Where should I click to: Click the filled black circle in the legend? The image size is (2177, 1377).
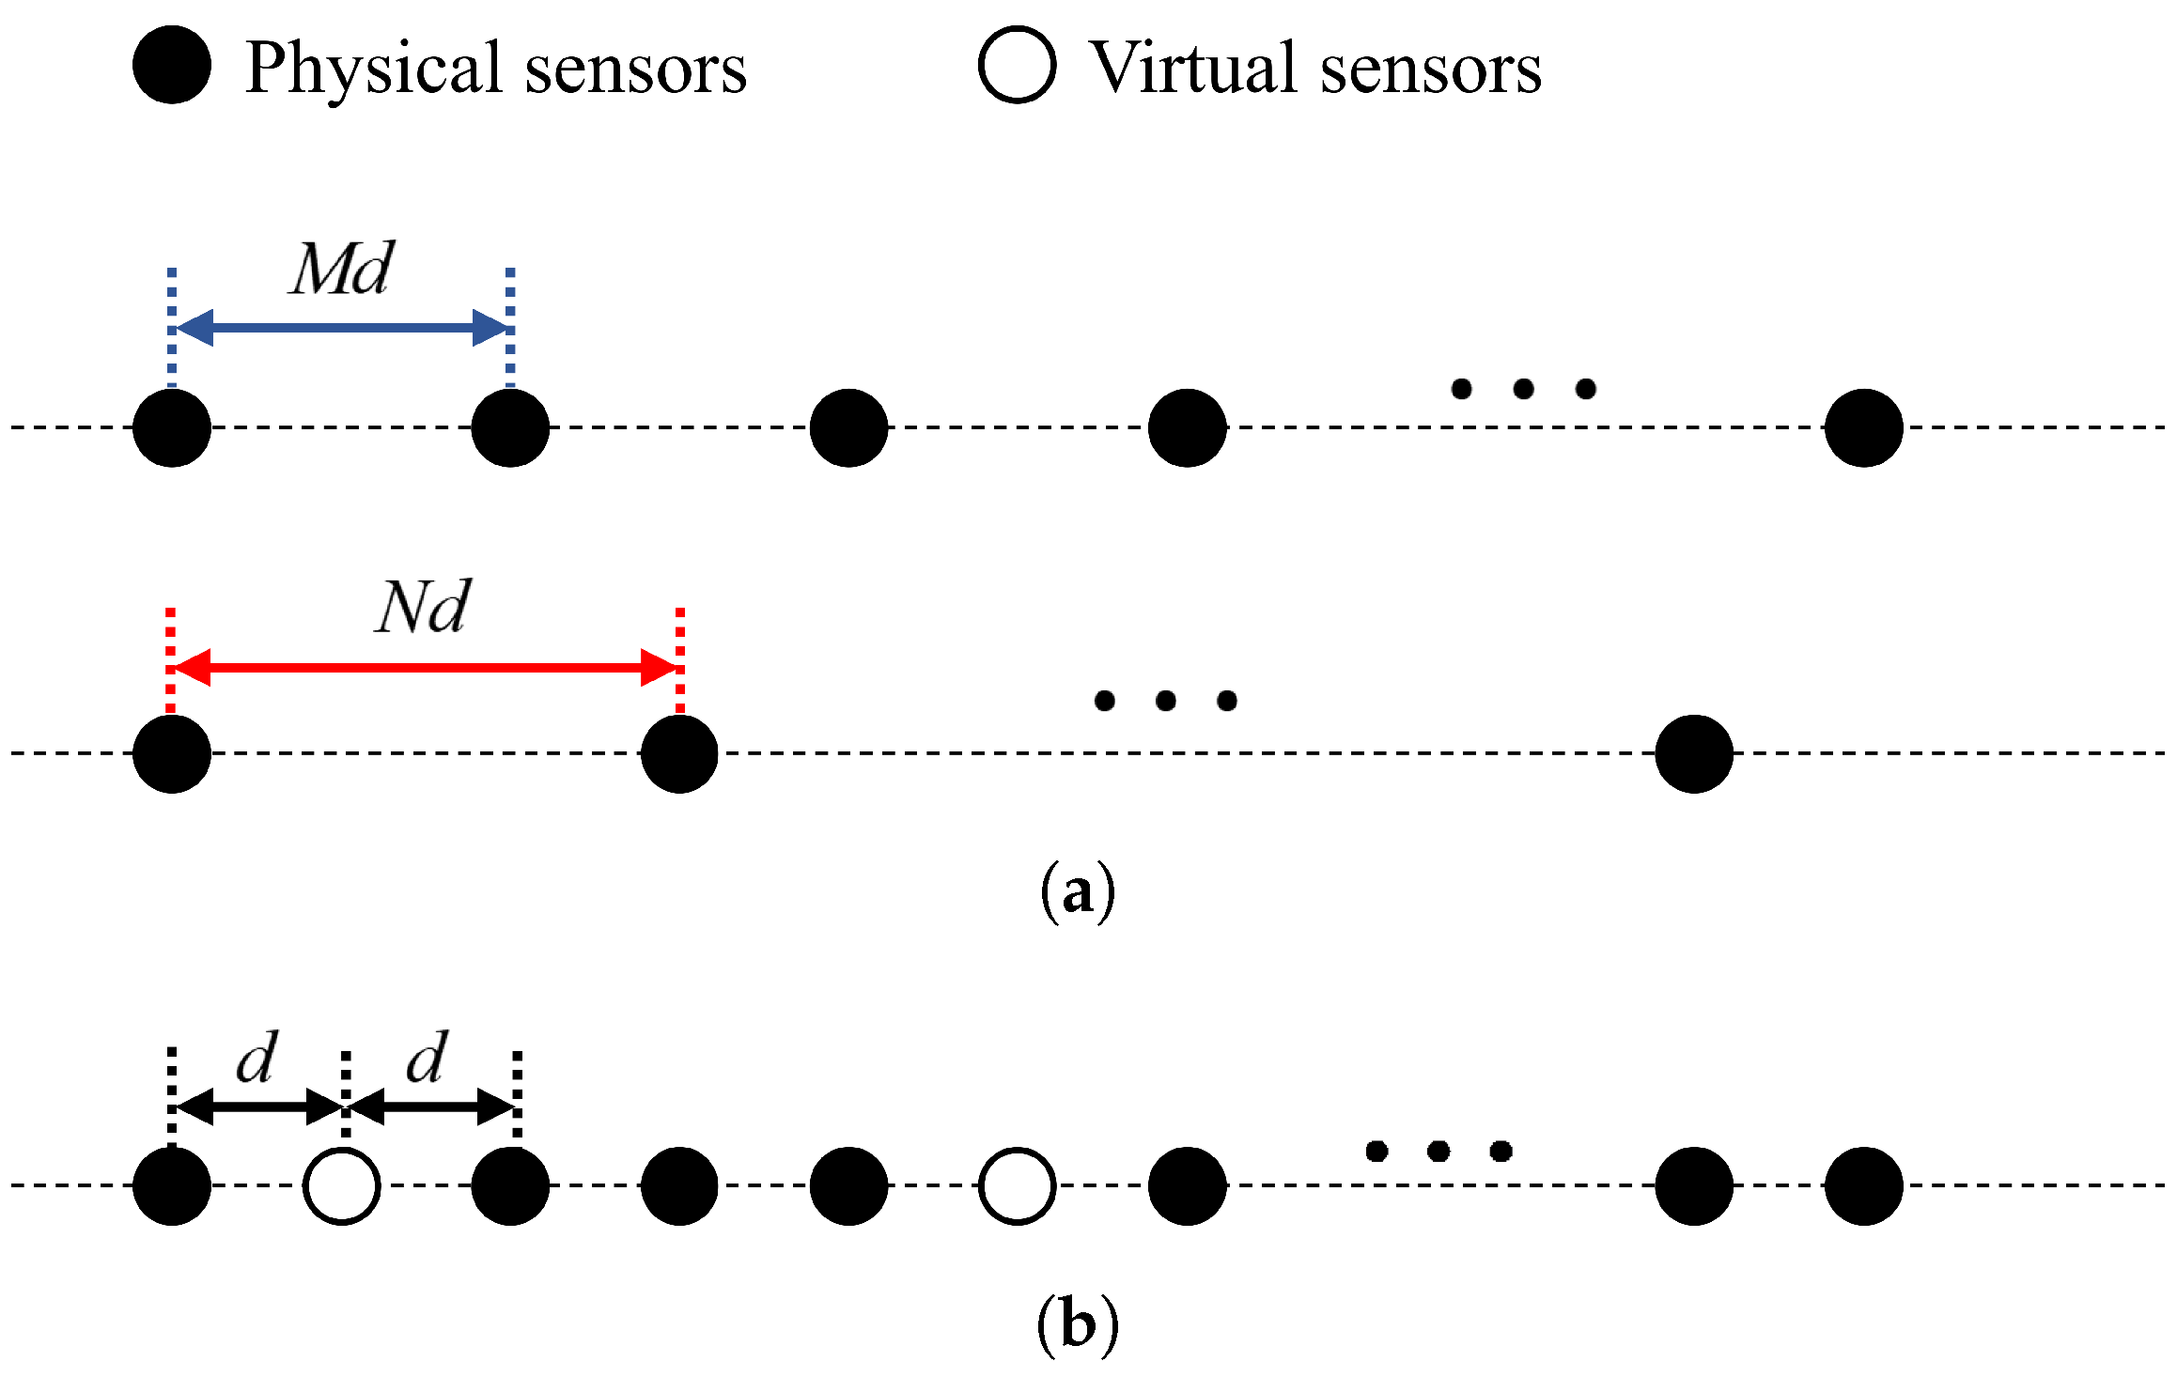point(172,65)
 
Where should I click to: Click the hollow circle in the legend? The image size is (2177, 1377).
point(1017,65)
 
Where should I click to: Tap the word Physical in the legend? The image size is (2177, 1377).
point(374,69)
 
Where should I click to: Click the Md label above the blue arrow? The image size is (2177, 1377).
point(341,270)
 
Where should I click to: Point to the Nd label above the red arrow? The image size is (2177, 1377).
point(423,607)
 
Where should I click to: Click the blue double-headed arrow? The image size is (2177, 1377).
point(341,328)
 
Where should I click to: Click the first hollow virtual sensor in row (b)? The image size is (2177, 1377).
point(342,1185)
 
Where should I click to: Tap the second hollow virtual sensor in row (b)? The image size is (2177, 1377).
point(1017,1185)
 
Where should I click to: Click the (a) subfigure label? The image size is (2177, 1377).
point(1078,890)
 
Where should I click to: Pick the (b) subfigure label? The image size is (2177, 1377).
point(1078,1324)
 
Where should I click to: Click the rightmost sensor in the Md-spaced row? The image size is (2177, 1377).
point(1863,428)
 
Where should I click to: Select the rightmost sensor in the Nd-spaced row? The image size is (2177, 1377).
point(1694,754)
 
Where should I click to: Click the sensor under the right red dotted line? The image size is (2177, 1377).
point(679,754)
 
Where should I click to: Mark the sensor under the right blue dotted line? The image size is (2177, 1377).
point(510,428)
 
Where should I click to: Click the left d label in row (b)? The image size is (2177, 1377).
point(257,1058)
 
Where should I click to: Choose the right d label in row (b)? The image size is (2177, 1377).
point(428,1058)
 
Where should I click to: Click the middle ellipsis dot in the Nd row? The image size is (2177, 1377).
point(1166,701)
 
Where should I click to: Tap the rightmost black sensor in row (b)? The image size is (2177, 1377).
point(1863,1185)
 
